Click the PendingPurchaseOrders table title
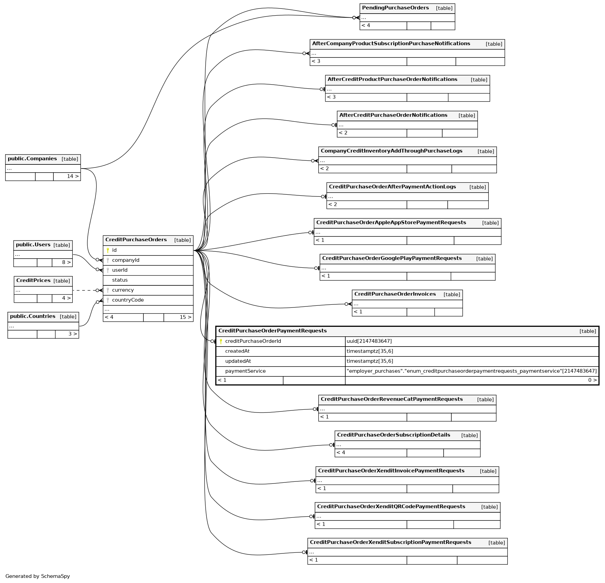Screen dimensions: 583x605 tap(395, 8)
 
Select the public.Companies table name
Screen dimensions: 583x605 tap(32, 159)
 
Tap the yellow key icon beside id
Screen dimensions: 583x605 tap(108, 250)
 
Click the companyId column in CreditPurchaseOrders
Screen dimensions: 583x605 tap(126, 260)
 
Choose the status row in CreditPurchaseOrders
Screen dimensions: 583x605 tap(120, 280)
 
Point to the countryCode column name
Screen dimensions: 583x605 tap(128, 300)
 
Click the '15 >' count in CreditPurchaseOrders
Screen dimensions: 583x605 tap(186, 317)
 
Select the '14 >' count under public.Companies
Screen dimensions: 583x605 tap(73, 177)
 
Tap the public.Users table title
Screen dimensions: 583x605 tap(33, 245)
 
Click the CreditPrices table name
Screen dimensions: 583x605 tap(33, 281)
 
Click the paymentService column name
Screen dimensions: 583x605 tap(245, 371)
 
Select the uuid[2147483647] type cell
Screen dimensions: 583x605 tap(369, 341)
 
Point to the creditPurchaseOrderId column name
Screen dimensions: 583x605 tap(253, 341)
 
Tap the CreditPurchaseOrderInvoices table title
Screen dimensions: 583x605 tap(395, 294)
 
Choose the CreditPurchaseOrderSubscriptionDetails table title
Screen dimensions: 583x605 tap(394, 435)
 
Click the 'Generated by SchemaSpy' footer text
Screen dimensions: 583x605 tap(38, 576)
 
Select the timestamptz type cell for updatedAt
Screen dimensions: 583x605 tap(370, 361)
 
